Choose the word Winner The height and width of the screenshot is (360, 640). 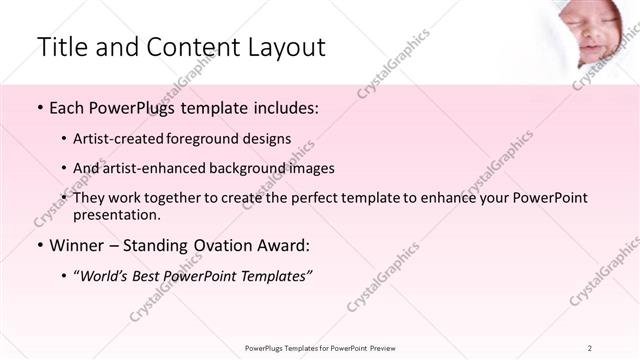[x=75, y=246]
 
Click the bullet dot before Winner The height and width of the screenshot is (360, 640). [x=39, y=246]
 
